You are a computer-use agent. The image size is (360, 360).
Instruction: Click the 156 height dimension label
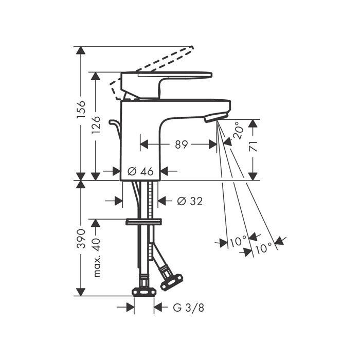81,109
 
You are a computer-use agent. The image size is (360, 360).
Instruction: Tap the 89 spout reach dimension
181,145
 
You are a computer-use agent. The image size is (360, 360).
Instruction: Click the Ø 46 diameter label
140,171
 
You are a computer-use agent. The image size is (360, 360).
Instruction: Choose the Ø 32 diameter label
190,201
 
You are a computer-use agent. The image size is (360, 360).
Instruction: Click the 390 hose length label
81,238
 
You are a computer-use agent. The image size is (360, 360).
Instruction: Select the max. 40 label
97,258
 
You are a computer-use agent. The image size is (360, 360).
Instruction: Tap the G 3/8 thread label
188,308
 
